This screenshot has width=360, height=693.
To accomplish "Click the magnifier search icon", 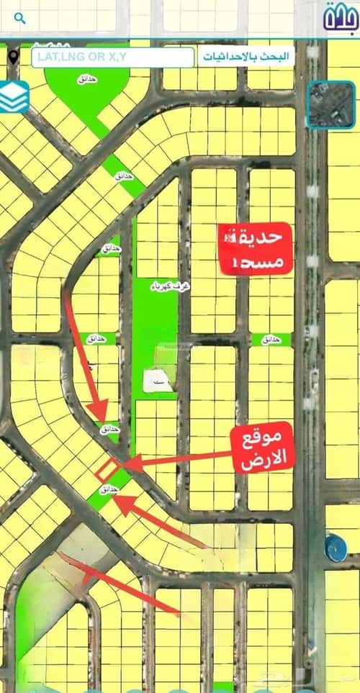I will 19,17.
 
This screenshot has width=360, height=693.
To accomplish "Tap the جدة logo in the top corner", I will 340,17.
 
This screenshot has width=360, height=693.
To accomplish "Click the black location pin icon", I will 14,56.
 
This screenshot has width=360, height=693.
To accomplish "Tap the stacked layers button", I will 14,97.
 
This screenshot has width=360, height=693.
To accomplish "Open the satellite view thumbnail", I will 330,105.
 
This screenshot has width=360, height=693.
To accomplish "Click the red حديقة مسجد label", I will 255,249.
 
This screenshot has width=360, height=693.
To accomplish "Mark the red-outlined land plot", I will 107,471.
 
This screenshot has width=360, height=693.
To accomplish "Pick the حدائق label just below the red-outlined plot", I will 108,489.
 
